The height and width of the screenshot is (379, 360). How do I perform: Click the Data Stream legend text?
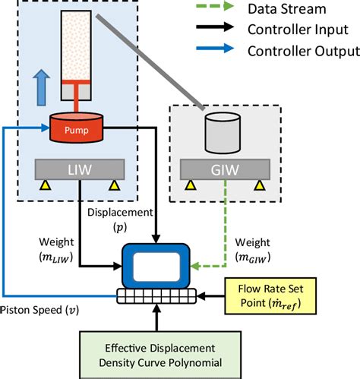282,10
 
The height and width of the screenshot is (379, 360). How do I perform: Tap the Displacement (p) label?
119,218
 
